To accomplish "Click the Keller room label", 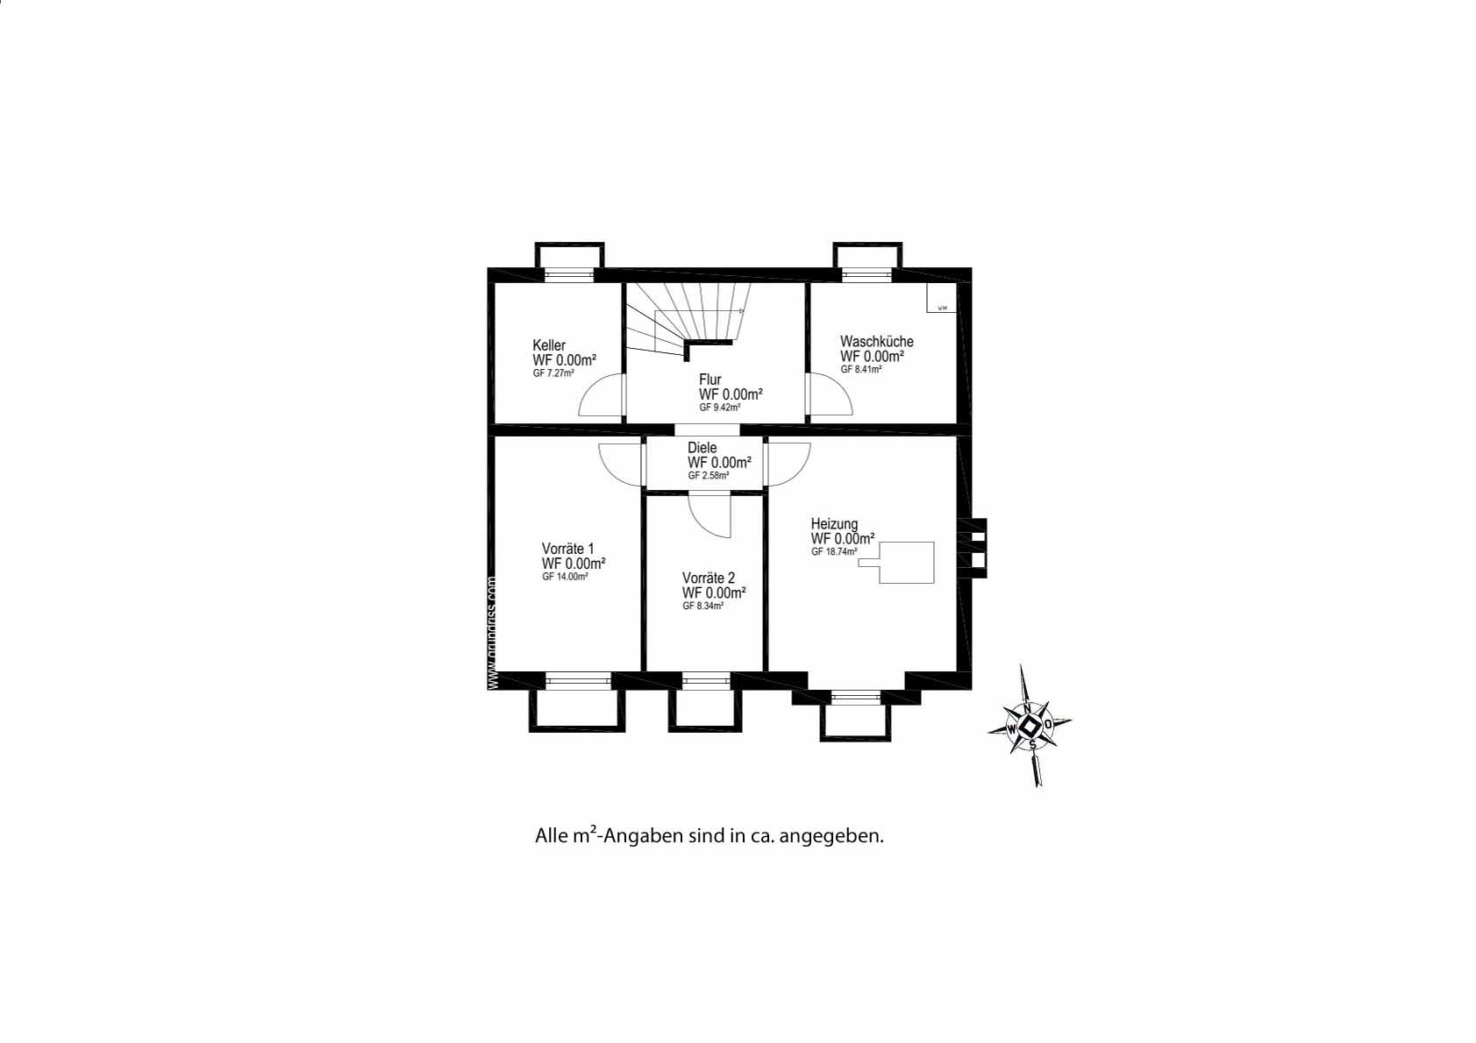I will pos(549,345).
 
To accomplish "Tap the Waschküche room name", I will pos(876,342).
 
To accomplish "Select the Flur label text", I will pos(709,380).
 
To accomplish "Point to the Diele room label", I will pos(702,448).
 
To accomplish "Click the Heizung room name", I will pos(834,524).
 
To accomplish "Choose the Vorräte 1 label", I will pos(567,549).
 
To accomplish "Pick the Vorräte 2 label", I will pos(709,578).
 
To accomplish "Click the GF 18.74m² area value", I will pos(834,552).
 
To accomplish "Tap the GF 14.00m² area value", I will pos(565,577).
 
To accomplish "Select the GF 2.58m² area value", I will pos(709,476).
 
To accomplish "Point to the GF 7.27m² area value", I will pos(553,373).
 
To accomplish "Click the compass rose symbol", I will pos(1030,726).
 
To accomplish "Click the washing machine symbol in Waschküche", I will pos(941,298).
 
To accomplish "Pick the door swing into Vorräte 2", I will pos(710,515).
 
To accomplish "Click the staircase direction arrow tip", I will pos(743,311).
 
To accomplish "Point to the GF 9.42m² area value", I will pos(720,408).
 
